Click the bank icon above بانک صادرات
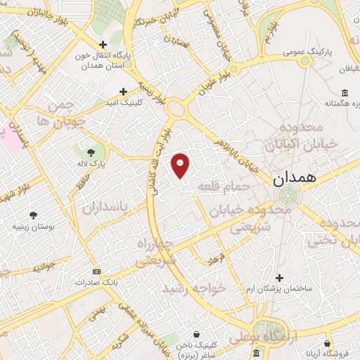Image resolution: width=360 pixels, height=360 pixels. click(96, 271)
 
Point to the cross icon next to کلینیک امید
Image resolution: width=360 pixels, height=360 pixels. click(124, 91)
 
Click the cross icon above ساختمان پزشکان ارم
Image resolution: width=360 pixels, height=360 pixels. click(281, 278)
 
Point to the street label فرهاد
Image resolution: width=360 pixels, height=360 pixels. click(213, 258)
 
